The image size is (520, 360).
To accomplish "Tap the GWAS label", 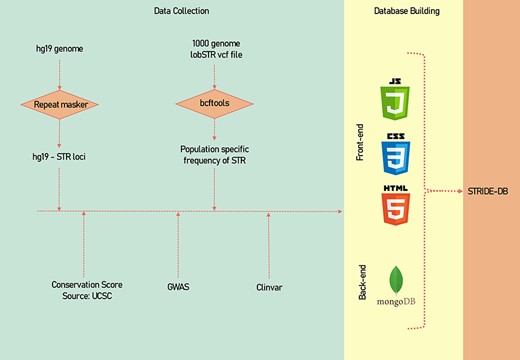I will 178,286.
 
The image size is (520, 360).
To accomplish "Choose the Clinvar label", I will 270,286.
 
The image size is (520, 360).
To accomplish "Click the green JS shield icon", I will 395,101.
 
